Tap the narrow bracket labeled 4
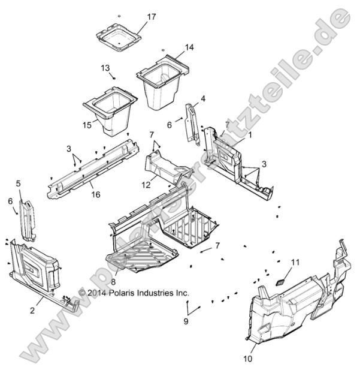coord(192,123)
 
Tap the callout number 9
coord(185,321)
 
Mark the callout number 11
coord(294,262)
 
